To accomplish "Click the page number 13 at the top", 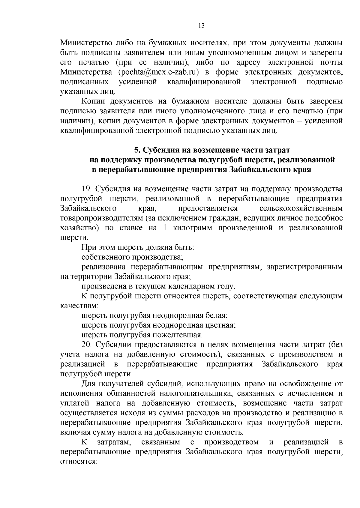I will (x=201, y=26).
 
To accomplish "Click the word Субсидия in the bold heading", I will (x=159, y=150).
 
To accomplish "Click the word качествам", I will (x=79, y=306).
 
